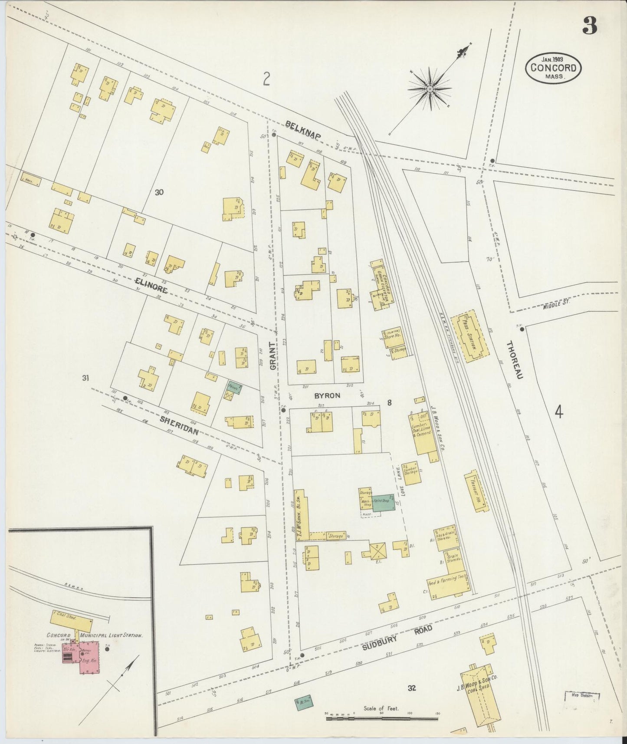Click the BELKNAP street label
303,131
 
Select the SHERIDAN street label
179,425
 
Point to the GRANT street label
273,356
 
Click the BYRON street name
328,396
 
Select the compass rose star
430,89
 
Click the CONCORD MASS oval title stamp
553,68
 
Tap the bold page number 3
590,26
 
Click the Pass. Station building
470,337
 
